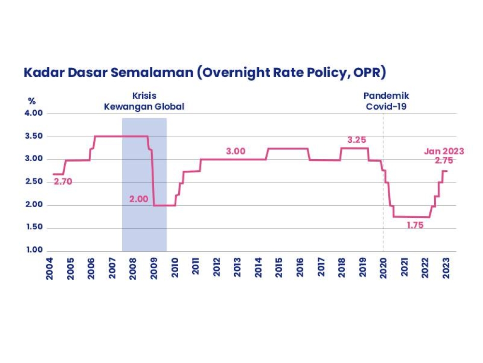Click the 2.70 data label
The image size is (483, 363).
point(62,182)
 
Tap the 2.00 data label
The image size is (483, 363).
point(139,199)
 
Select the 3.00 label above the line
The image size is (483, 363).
point(236,151)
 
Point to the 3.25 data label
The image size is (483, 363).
point(357,140)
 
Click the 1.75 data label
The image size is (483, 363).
point(414,225)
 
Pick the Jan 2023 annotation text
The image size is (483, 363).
point(444,151)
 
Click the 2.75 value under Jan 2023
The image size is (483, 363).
point(444,160)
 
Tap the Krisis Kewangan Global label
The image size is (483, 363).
point(144,101)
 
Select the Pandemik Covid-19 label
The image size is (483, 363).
point(385,101)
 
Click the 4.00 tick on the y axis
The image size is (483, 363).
point(34,113)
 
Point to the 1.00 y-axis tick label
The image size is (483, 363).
point(34,251)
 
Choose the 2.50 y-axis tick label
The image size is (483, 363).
point(34,182)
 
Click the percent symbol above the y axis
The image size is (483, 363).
point(32,101)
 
